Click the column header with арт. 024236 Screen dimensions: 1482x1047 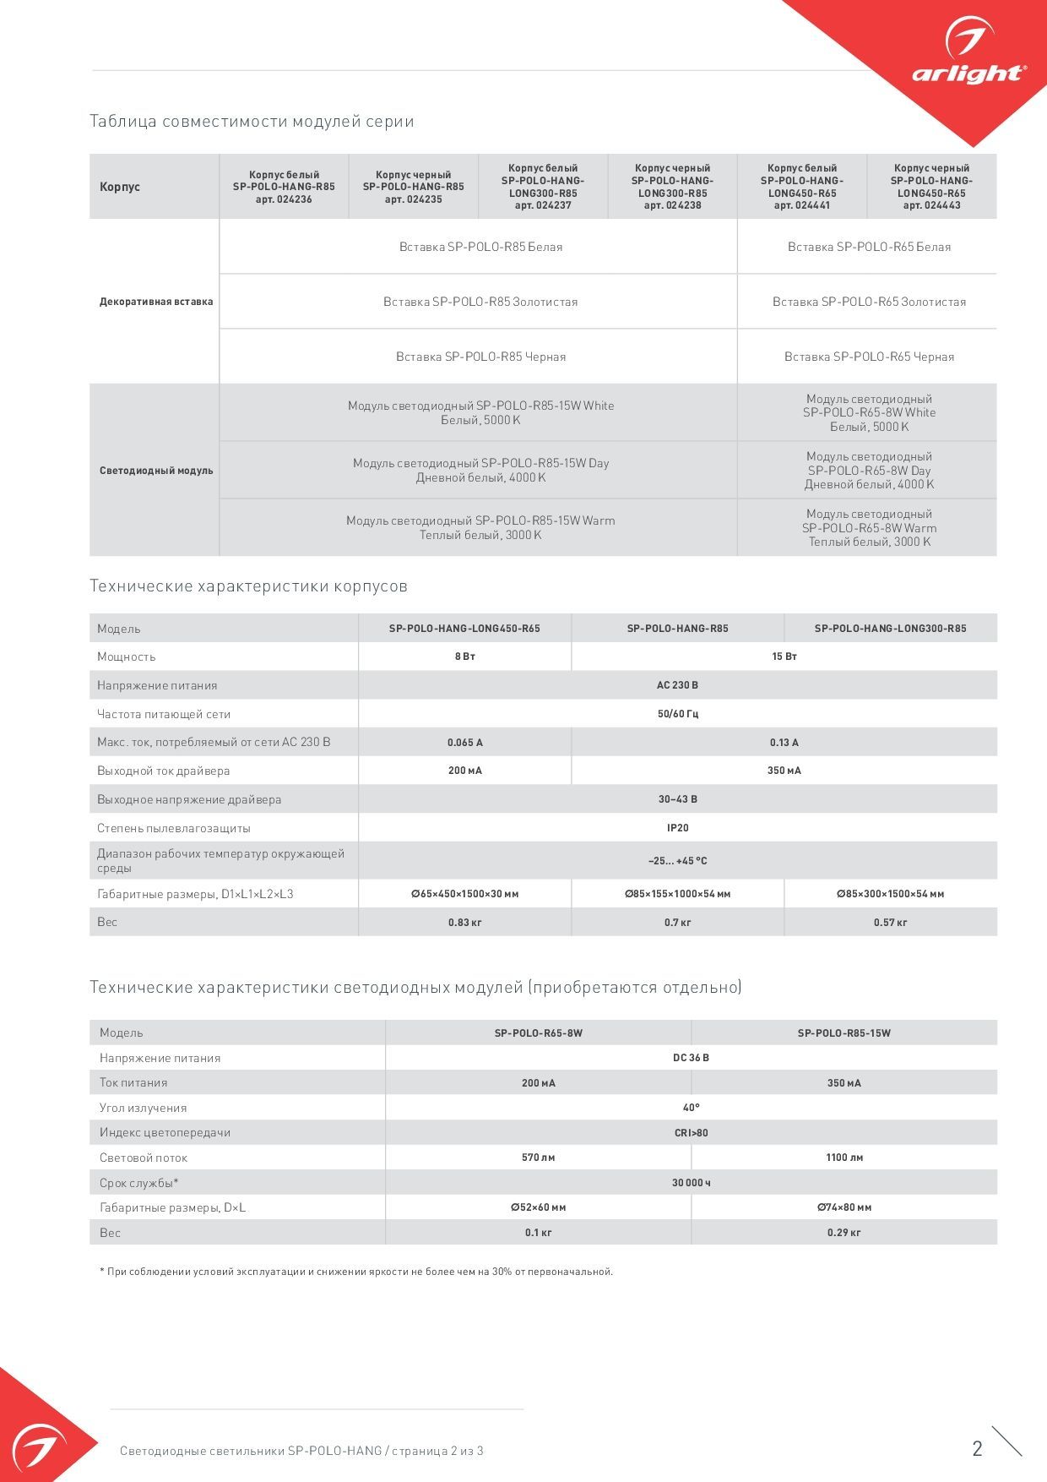tap(284, 187)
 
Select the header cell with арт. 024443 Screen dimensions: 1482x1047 tap(931, 187)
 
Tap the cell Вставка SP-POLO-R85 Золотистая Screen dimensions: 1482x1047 tap(480, 302)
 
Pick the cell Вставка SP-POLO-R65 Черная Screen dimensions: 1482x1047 tap(869, 357)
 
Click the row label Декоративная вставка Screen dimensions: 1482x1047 tap(156, 302)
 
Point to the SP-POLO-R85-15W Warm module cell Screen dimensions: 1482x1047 tap(480, 527)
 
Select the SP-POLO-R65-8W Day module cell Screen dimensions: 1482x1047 tap(869, 470)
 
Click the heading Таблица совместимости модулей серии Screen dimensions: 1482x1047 tap(252, 121)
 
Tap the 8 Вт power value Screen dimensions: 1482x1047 tap(464, 657)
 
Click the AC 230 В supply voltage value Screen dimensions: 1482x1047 tap(677, 685)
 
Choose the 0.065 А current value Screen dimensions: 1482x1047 tap(464, 743)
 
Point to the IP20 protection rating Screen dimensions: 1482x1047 tap(677, 828)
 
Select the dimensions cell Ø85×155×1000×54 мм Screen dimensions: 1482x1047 tap(677, 894)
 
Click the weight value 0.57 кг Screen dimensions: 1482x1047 tap(890, 923)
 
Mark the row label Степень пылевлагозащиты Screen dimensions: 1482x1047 tap(174, 828)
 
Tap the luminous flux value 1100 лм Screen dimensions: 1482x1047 tap(844, 1158)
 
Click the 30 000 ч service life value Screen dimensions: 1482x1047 tap(691, 1183)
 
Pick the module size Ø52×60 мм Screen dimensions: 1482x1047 tap(538, 1207)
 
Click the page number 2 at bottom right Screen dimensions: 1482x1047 tap(977, 1449)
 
